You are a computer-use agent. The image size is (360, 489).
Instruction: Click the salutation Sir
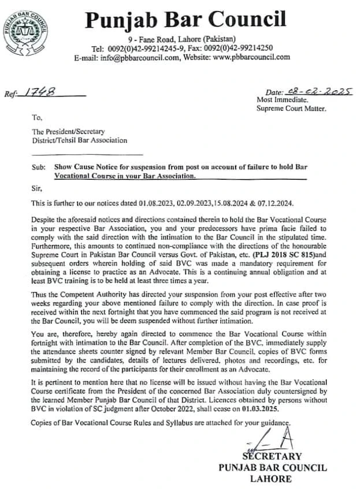[x=36, y=188]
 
